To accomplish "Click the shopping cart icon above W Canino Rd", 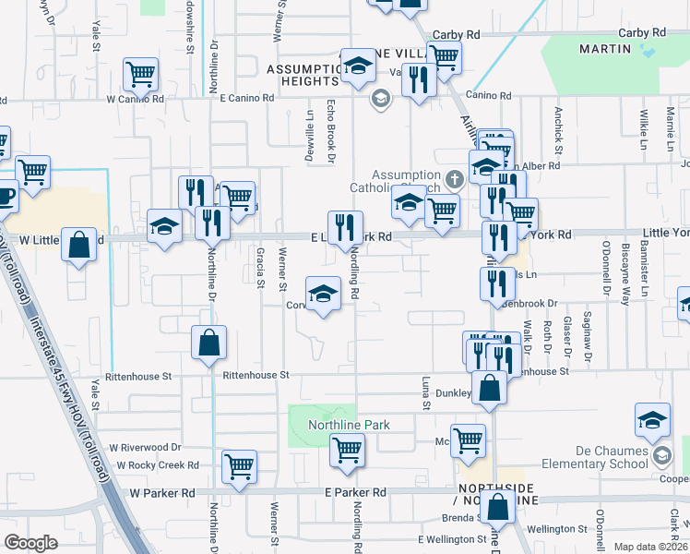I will point(140,73).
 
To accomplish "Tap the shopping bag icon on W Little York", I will point(80,245).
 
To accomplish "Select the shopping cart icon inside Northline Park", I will point(348,451).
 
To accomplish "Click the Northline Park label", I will point(350,425).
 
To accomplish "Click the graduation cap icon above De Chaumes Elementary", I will point(652,420).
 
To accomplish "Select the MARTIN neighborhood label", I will point(603,47).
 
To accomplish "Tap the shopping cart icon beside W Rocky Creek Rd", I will point(239,465).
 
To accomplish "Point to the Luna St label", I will point(426,392).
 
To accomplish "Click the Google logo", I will point(31,542).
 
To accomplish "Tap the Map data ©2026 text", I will point(651,547).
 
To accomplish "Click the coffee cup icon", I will point(5,197).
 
